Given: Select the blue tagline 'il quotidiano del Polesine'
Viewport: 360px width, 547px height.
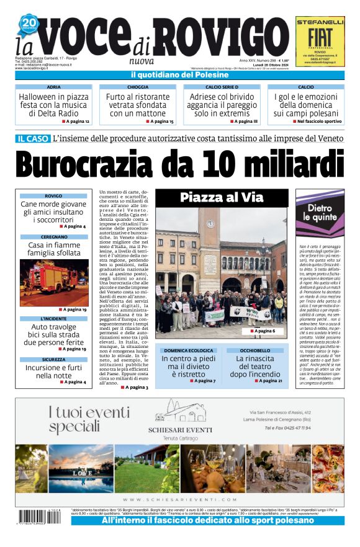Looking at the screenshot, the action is (179, 75).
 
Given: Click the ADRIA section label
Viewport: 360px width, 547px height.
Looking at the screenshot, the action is (53, 87).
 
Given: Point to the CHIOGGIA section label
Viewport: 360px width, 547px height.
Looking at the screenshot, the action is (138, 87).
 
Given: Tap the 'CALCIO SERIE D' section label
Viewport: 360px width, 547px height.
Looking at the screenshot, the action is (222, 87).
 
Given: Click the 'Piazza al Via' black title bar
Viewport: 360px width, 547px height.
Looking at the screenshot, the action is (221, 198).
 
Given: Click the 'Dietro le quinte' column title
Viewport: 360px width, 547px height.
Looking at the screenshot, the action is (319, 213).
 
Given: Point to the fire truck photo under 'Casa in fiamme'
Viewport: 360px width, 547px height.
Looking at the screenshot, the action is (53, 283).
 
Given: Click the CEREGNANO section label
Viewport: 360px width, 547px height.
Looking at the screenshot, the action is (54, 237).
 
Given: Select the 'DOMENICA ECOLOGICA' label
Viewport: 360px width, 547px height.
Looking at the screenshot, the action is (189, 350).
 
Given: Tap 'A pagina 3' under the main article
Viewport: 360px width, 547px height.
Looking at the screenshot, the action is (135, 387).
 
